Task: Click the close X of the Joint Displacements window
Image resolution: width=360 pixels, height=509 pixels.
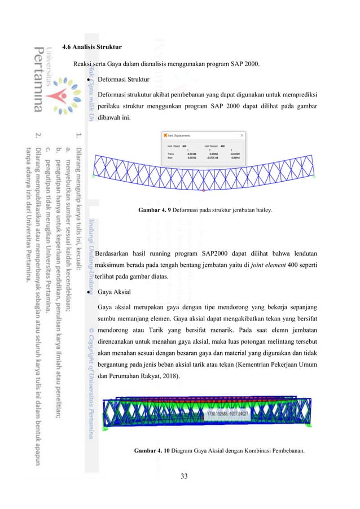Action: (242, 135)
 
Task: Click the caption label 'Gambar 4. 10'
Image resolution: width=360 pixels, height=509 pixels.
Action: (152, 451)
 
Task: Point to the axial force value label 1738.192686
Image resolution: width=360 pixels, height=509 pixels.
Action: (225, 414)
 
